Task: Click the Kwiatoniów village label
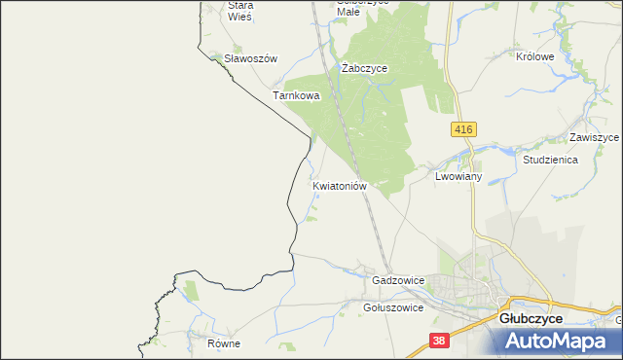pos(340,184)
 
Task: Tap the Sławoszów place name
pos(251,58)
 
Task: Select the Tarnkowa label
pos(296,96)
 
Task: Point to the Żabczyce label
pos(365,69)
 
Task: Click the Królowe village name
pos(534,57)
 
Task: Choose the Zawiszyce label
pos(595,138)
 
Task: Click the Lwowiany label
pos(459,177)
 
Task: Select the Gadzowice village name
pos(398,280)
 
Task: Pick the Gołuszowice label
pos(392,307)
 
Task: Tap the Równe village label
pos(223,343)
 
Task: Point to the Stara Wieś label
pos(239,11)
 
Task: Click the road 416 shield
pos(463,129)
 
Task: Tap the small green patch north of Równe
pos(191,289)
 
